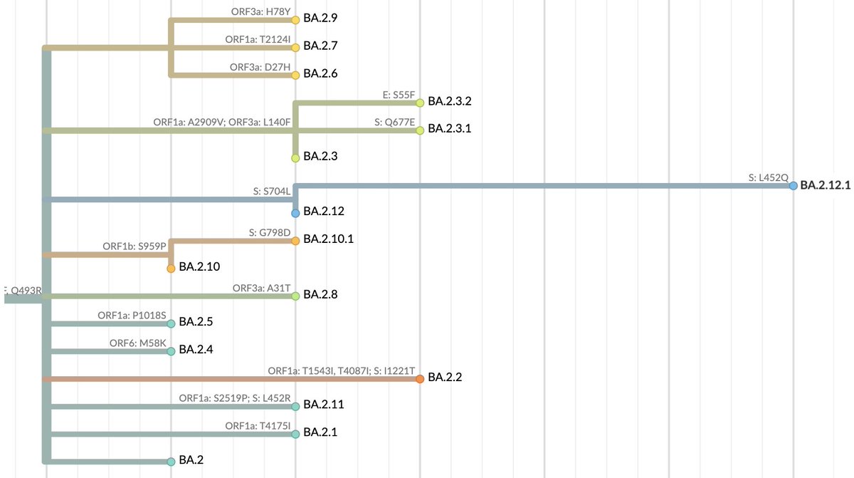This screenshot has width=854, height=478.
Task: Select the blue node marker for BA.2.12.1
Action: click(793, 185)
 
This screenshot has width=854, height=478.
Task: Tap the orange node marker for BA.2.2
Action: click(420, 378)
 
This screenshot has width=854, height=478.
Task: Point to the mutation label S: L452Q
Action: click(768, 177)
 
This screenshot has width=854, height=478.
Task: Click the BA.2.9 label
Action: click(320, 18)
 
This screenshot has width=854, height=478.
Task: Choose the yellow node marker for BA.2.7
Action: click(295, 46)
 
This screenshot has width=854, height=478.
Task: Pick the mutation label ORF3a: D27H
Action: click(260, 67)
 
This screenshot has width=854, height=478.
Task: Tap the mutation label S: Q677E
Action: click(394, 122)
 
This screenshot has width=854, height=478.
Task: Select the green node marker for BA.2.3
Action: click(295, 157)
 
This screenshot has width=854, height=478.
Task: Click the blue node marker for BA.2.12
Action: click(295, 213)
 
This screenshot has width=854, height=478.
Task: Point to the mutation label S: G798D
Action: click(270, 233)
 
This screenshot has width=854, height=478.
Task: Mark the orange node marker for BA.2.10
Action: click(171, 269)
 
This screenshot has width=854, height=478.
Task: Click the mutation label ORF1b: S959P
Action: click(135, 246)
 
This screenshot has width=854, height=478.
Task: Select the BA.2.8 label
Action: click(320, 294)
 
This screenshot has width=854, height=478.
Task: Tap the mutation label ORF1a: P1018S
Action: click(132, 316)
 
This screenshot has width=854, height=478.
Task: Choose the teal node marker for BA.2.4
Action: click(171, 350)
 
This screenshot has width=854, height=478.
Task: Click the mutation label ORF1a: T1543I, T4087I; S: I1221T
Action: click(341, 371)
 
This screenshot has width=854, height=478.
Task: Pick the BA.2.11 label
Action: click(324, 405)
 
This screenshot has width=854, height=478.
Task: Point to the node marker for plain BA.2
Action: click(171, 461)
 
